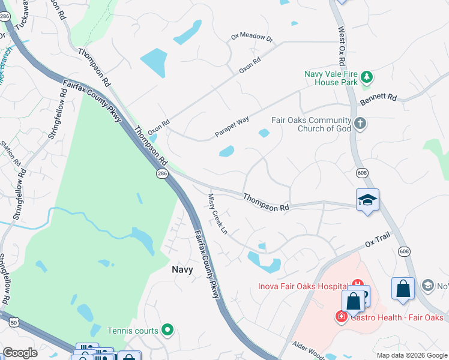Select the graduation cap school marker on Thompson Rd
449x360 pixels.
[x=367, y=200]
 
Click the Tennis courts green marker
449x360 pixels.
[x=167, y=330]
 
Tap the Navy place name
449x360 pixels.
[x=182, y=269]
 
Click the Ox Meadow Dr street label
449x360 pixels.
[x=252, y=37]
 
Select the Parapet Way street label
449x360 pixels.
[x=232, y=127]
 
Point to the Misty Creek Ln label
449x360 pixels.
[x=218, y=214]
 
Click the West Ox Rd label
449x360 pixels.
[x=342, y=46]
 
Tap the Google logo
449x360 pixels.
[x=20, y=353]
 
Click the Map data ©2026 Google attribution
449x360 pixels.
[x=411, y=355]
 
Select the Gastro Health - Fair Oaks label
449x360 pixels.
[x=396, y=317]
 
